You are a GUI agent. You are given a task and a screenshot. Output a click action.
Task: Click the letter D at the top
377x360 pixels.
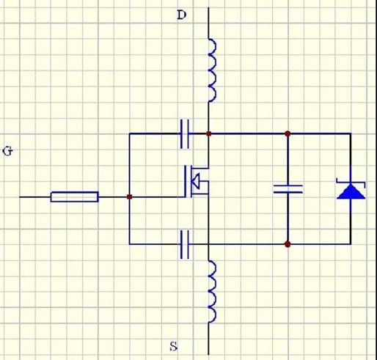click(181, 15)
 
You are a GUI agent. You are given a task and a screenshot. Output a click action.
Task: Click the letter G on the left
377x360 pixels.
click(7, 151)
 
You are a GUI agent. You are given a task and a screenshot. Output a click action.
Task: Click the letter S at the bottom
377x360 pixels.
click(174, 346)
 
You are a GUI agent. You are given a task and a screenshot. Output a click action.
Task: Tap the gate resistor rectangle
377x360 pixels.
click(75, 196)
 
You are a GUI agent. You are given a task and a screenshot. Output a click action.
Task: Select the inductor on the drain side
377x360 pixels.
click(213, 70)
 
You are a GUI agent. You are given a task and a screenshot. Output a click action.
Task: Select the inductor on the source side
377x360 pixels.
click(213, 292)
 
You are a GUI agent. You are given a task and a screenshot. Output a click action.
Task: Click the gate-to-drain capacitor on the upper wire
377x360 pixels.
click(185, 134)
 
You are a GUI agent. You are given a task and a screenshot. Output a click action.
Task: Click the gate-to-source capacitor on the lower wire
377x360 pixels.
click(185, 244)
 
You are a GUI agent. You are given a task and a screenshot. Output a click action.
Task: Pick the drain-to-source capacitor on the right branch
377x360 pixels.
click(288, 189)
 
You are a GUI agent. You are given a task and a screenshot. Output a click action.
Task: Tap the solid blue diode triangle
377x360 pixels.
click(351, 191)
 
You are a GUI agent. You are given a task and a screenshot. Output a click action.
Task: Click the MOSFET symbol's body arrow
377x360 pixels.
click(196, 181)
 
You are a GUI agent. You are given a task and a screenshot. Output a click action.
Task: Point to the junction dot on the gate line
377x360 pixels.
click(130, 196)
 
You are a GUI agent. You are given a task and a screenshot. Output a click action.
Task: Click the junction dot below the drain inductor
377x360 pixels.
click(208, 133)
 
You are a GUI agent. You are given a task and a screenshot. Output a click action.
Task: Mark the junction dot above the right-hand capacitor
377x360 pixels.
click(288, 133)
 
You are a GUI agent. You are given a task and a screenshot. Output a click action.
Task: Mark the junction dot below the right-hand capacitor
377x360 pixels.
click(288, 244)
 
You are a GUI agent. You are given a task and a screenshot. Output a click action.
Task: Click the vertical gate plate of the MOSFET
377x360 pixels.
click(186, 181)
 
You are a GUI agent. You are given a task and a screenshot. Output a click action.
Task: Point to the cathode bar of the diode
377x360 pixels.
click(351, 182)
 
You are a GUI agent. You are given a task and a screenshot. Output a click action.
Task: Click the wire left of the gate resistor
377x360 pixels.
click(35, 196)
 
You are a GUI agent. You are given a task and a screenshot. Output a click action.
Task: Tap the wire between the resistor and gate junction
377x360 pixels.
click(113, 196)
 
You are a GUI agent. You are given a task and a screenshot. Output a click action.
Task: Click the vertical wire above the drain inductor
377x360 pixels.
click(208, 23)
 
